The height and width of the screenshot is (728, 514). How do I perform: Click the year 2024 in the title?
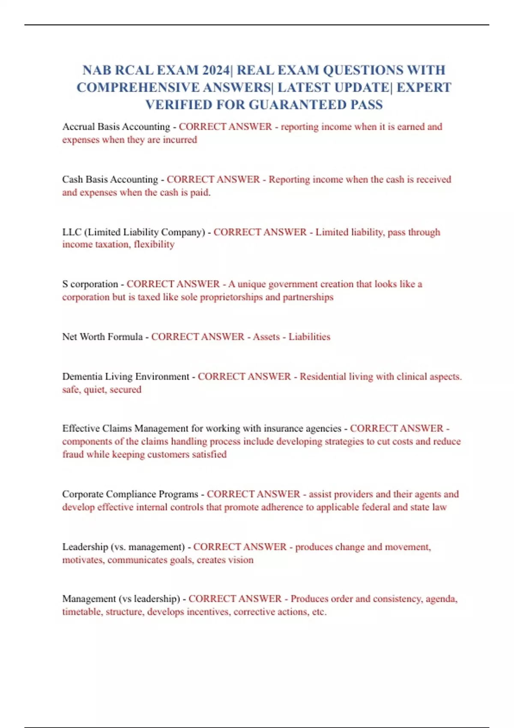coord(216,70)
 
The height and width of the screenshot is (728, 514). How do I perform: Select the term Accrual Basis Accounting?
coord(116,127)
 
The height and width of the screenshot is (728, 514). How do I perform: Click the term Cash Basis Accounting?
coord(110,179)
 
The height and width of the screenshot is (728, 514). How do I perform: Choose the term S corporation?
coord(90,284)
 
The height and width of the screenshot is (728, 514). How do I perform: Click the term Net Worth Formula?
coord(102,337)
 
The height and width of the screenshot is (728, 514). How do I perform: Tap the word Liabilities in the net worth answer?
coord(309,337)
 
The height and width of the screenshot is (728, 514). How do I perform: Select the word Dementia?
coord(82,376)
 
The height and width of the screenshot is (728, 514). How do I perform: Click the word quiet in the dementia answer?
coord(94,390)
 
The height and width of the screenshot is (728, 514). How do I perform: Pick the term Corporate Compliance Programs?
coord(130,494)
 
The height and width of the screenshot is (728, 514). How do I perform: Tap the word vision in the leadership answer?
coord(240,560)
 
